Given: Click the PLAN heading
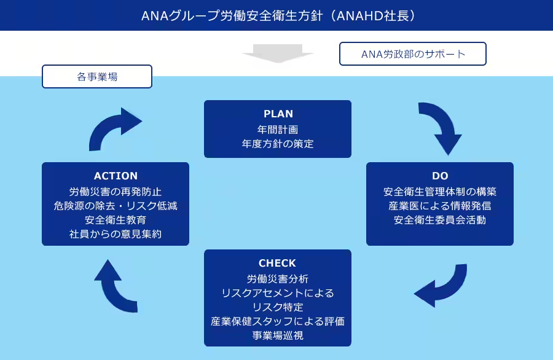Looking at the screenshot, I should tap(278, 114).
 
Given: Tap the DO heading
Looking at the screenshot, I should tap(440, 176).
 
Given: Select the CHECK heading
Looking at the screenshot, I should tap(278, 263).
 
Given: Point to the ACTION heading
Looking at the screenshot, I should tap(116, 176).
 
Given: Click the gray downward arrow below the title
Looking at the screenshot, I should tap(278, 53).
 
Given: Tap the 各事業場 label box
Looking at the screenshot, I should tap(97, 77).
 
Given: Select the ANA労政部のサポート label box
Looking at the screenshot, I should tap(413, 54).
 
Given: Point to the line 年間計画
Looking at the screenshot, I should tap(278, 130).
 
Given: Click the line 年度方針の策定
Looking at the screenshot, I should tap(278, 144).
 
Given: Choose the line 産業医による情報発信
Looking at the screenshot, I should tap(440, 205).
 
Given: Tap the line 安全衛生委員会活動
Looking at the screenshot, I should tap(440, 219).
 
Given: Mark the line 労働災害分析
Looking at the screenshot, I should tap(278, 278).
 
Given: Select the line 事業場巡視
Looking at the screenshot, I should tap(278, 336).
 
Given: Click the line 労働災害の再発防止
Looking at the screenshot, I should tap(116, 190).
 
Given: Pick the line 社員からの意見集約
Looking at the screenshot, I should tap(116, 234).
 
